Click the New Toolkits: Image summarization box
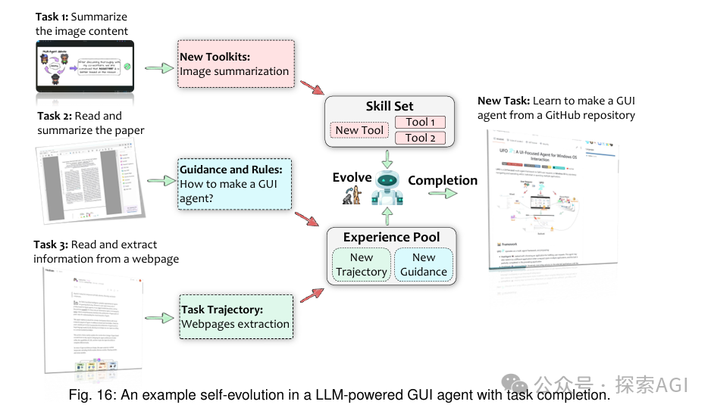pyautogui.click(x=234, y=64)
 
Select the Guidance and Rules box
pyautogui.click(x=234, y=183)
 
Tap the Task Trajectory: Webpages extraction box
pyautogui.click(x=236, y=316)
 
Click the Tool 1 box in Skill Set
pyautogui.click(x=421, y=122)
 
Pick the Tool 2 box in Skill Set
pyautogui.click(x=421, y=138)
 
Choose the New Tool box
pyautogui.click(x=359, y=130)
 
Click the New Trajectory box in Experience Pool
pyautogui.click(x=362, y=265)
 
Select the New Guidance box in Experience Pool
pyautogui.click(x=424, y=265)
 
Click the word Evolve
pyautogui.click(x=352, y=177)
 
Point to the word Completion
pyautogui.click(x=443, y=180)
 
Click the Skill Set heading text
pyautogui.click(x=390, y=106)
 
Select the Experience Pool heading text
pyautogui.click(x=390, y=238)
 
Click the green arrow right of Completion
pyautogui.click(x=447, y=194)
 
